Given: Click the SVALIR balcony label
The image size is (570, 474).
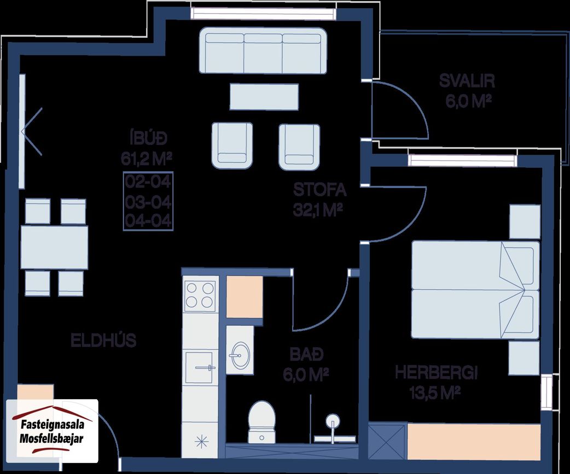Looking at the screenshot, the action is tap(467, 81).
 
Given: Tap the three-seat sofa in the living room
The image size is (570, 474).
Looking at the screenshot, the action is tap(263, 50).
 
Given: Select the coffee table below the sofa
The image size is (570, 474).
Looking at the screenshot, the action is tap(264, 97).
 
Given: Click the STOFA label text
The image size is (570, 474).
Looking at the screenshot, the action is tap(320, 190).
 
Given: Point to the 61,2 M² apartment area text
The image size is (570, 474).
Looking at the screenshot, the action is tap(146, 159).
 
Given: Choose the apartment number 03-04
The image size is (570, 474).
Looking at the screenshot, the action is tap(148, 202).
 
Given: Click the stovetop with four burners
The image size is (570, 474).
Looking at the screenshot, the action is tap(200, 295).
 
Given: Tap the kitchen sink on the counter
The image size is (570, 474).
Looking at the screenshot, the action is tap(200, 367).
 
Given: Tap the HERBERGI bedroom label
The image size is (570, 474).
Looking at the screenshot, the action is tap(436, 373).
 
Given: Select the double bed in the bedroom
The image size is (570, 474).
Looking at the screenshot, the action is tap(475, 290).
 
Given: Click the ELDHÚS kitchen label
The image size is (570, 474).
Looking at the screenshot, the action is tap(103, 341).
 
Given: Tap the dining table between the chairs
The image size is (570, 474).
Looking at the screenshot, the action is tap(54, 247).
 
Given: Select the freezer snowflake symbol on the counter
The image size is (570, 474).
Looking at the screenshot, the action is tap(201, 441).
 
